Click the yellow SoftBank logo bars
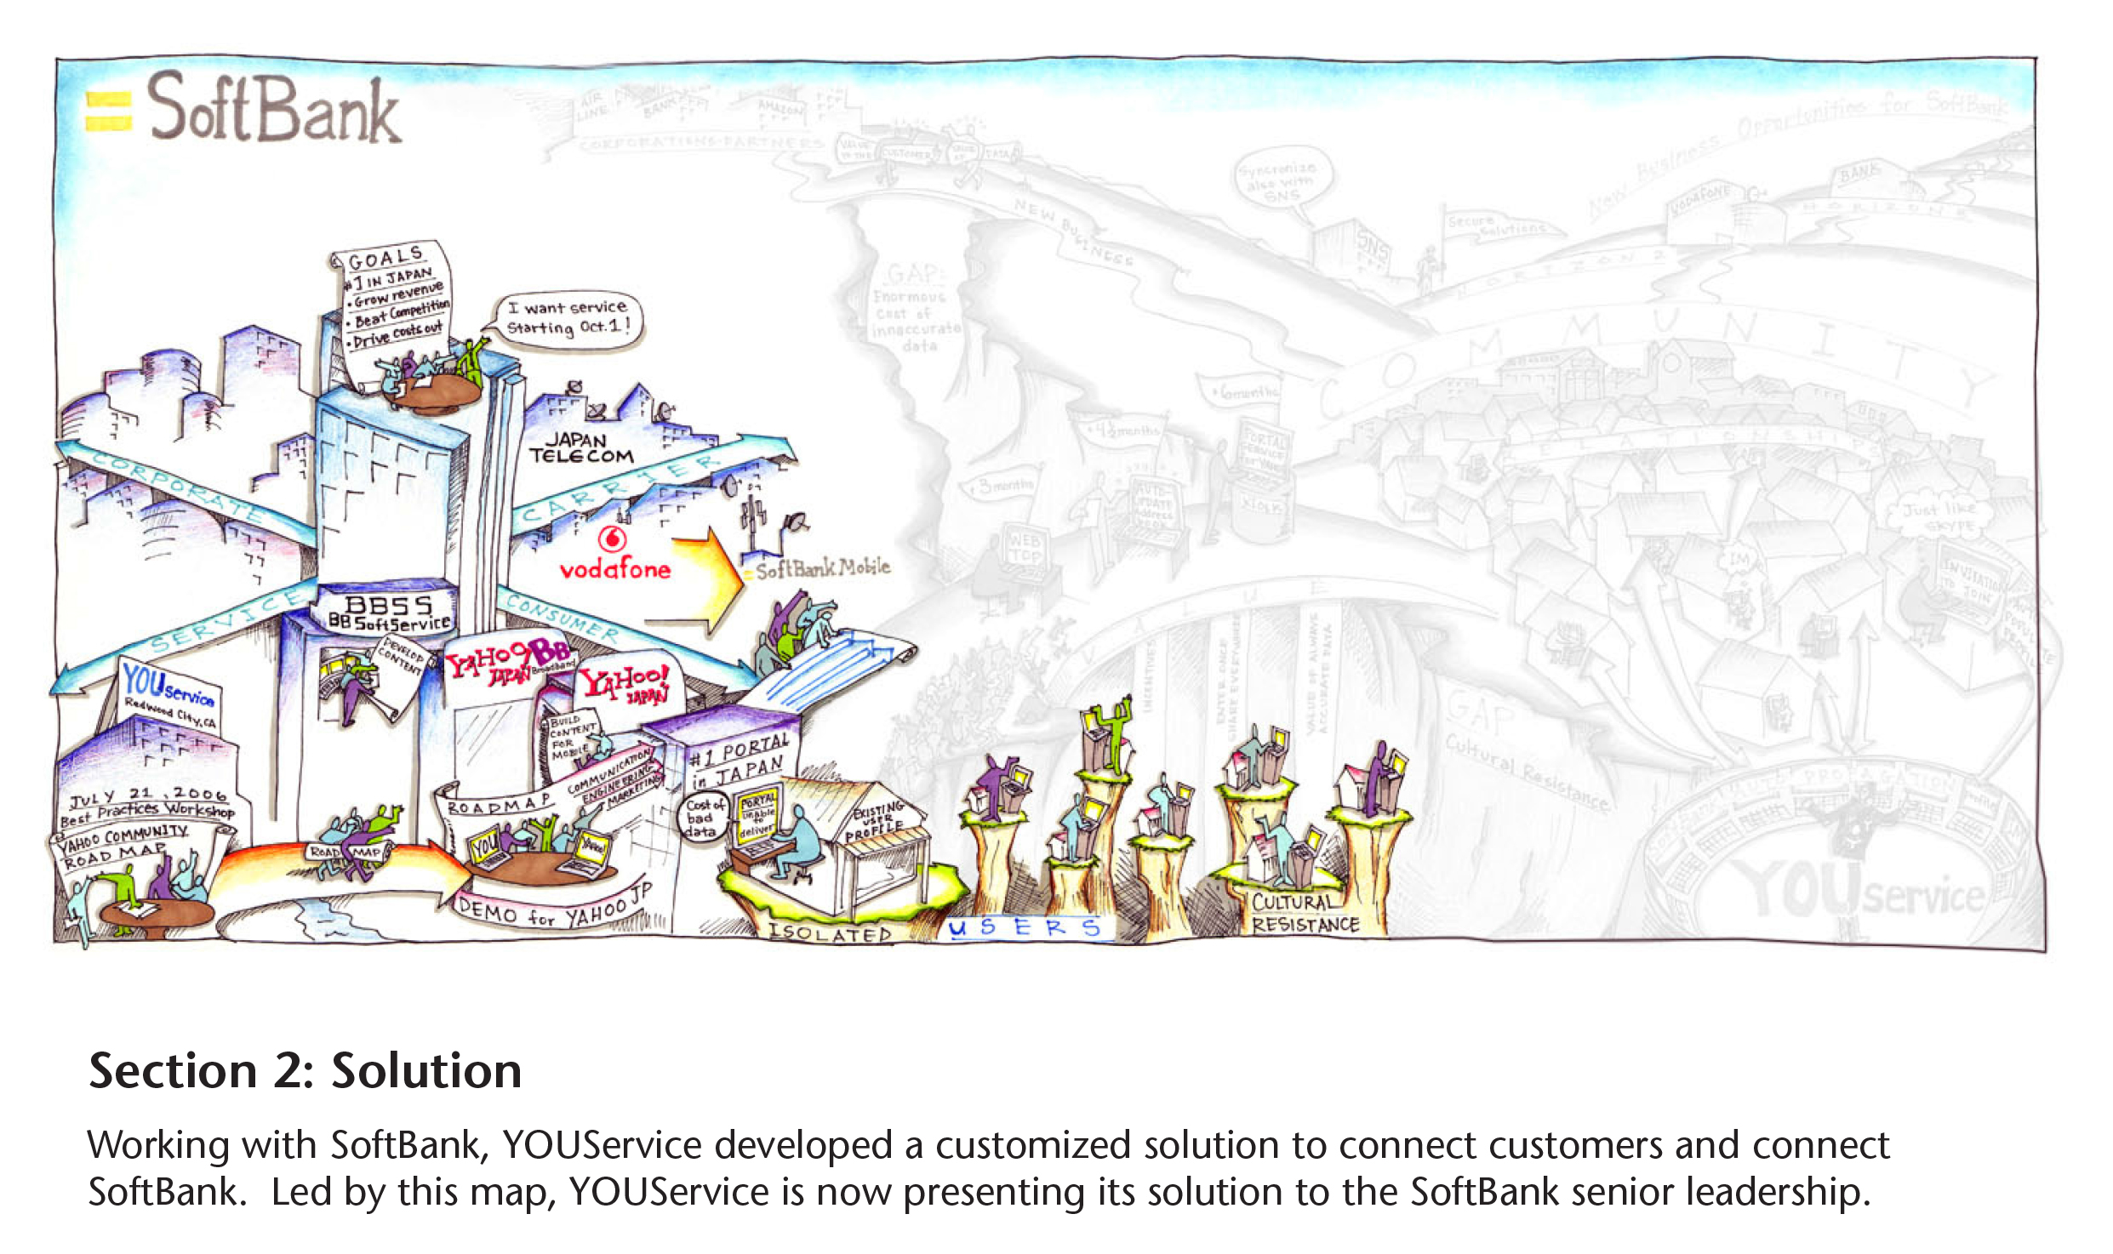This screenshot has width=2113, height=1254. (109, 111)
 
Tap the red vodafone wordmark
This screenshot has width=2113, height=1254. (614, 569)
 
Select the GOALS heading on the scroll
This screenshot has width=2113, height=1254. (385, 257)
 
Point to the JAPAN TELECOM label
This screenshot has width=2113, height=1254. (581, 447)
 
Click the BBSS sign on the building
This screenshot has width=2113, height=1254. (389, 605)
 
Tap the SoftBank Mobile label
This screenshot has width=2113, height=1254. (822, 568)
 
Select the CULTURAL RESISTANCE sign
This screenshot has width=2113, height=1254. (1305, 914)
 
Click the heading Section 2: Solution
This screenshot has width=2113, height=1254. (306, 1070)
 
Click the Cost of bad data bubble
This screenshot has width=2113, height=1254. (704, 817)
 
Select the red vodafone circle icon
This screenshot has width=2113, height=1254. (612, 539)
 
